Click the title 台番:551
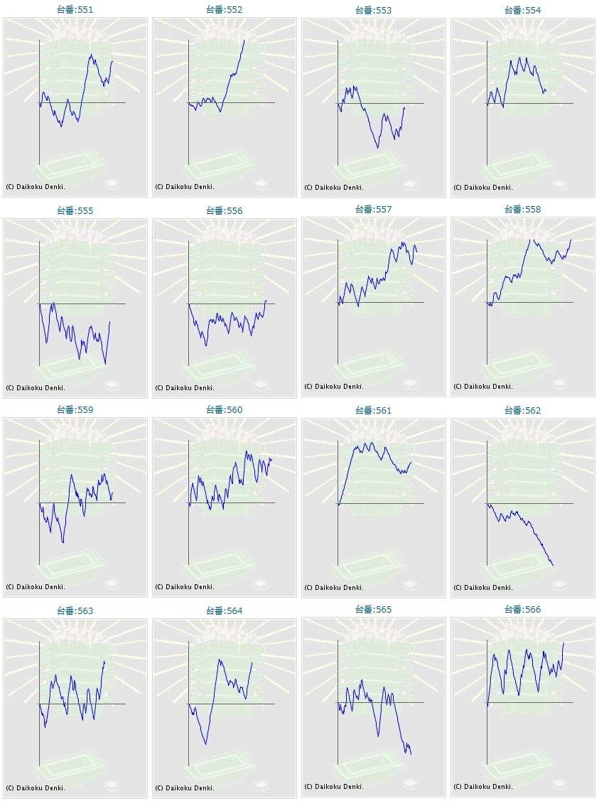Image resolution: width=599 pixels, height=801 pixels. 75,10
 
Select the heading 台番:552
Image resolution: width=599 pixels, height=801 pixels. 224,10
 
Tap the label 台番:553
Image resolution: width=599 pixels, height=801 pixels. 373,11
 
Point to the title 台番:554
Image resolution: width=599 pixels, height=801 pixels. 522,10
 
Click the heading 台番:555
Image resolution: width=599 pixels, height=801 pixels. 75,210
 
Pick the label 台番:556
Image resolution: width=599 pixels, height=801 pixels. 224,210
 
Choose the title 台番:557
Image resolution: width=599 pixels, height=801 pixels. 373,209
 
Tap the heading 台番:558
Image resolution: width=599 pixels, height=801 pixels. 522,209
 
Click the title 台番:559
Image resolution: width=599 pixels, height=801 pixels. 75,409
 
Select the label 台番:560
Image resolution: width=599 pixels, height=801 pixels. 224,409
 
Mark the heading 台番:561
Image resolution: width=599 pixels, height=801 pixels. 373,410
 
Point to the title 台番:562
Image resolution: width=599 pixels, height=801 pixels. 522,410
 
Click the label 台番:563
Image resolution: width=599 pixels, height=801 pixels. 75,611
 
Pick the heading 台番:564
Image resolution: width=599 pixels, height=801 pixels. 224,611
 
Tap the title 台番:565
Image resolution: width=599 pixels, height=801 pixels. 373,609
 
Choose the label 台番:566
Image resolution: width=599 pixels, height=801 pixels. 522,609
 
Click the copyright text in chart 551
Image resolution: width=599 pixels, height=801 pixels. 36,187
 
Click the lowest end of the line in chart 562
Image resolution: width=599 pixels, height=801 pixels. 553,566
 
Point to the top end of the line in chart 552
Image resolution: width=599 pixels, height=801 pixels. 244,40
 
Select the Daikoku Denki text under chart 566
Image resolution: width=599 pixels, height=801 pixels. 483,787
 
